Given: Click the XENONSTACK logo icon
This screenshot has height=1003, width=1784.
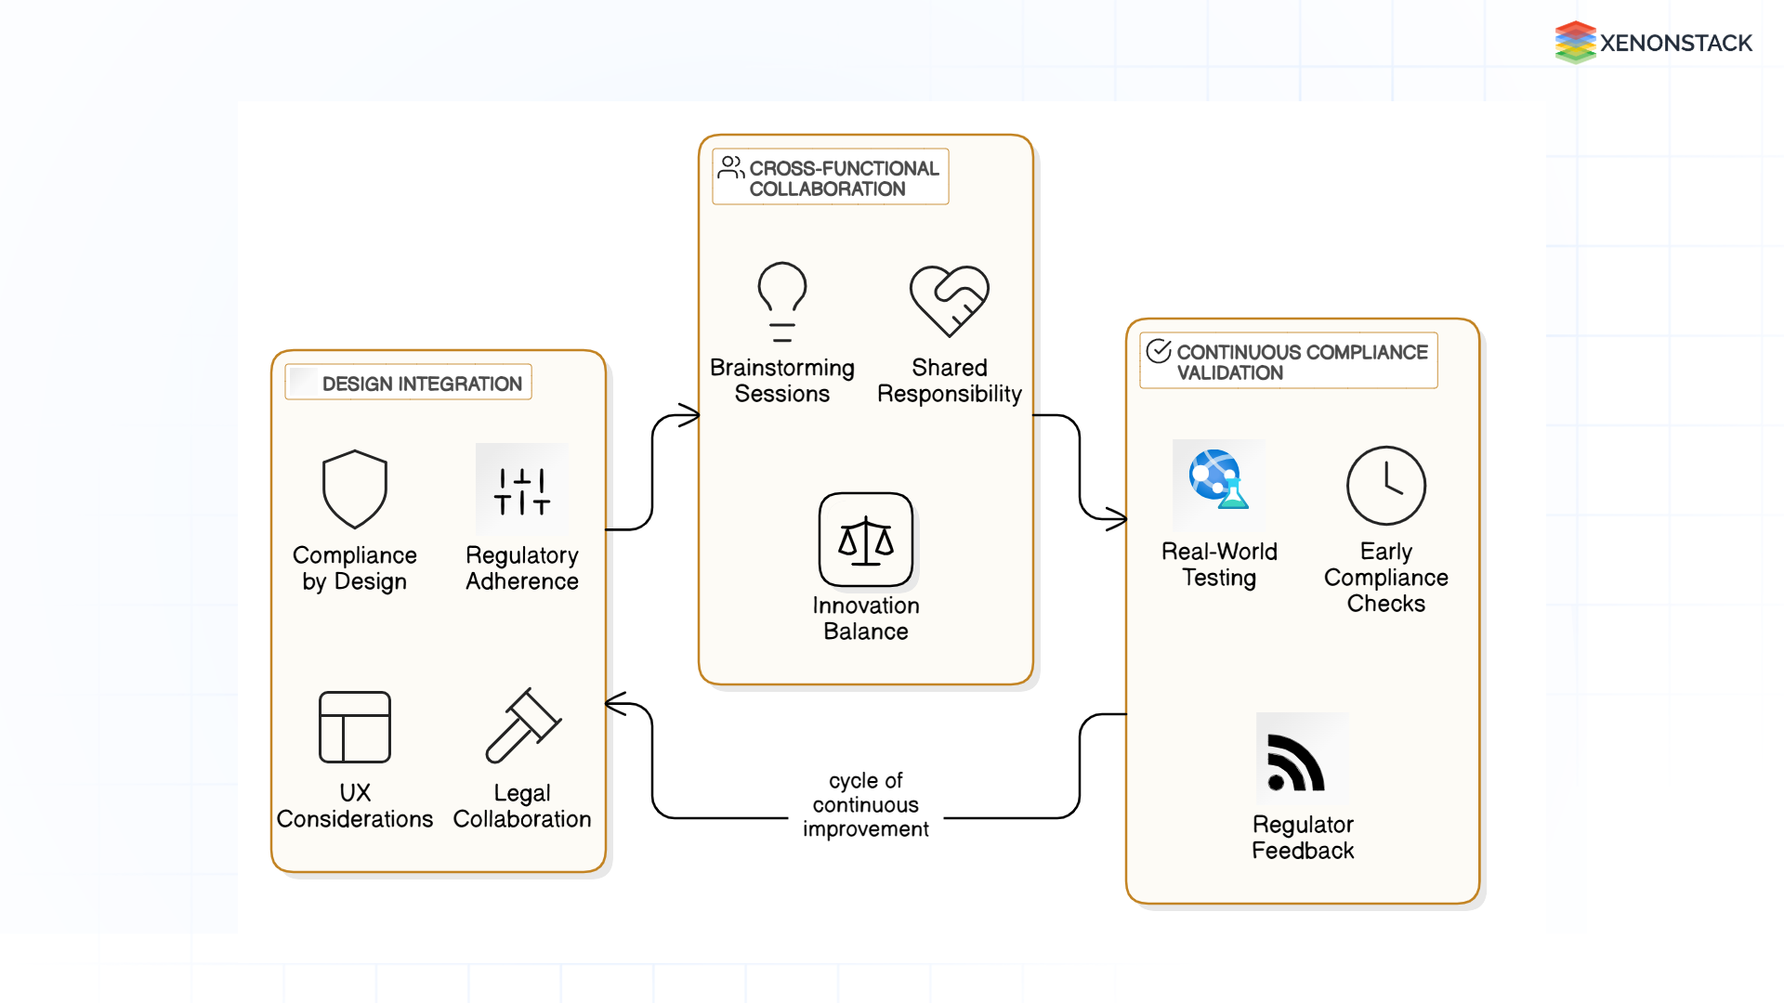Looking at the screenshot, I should pos(1575,42).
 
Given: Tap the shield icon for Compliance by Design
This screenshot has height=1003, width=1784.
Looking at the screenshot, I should pos(355,489).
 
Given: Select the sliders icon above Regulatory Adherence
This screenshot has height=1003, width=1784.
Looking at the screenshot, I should pos(522,490).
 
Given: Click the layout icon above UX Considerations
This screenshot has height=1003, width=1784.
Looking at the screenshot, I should pos(355,727).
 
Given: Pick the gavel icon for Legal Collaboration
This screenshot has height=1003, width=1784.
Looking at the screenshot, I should pos(523,725).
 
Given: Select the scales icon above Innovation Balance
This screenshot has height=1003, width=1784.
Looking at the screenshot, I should pos(866,540).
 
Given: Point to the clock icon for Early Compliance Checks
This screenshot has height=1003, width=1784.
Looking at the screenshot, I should pos(1386,486).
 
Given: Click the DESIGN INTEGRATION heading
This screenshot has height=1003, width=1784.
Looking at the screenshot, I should pos(422,384).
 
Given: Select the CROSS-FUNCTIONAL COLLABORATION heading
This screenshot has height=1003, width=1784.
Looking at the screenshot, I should pos(844,178).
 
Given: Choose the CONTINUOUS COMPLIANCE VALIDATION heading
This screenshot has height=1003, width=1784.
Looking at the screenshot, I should pos(1301,362).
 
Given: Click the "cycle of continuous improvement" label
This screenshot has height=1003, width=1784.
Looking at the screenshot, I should pos(866,804).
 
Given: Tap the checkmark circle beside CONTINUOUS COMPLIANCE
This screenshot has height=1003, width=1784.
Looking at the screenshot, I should pos(1159,351).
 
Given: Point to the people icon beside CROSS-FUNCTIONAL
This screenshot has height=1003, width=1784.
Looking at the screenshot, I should pos(731,167).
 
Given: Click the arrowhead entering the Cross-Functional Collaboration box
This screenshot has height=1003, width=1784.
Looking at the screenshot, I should pos(689,415).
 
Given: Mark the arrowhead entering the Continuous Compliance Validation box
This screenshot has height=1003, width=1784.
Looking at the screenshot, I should pos(1117,518).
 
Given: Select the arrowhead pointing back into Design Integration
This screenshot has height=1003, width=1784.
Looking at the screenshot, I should pos(615,704).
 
